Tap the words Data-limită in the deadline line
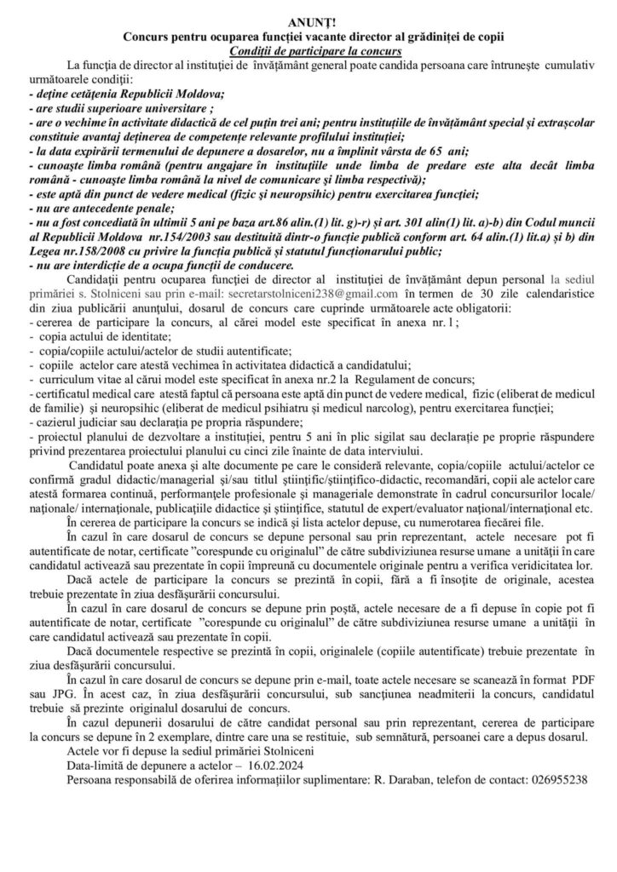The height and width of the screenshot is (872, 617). click(x=98, y=768)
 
